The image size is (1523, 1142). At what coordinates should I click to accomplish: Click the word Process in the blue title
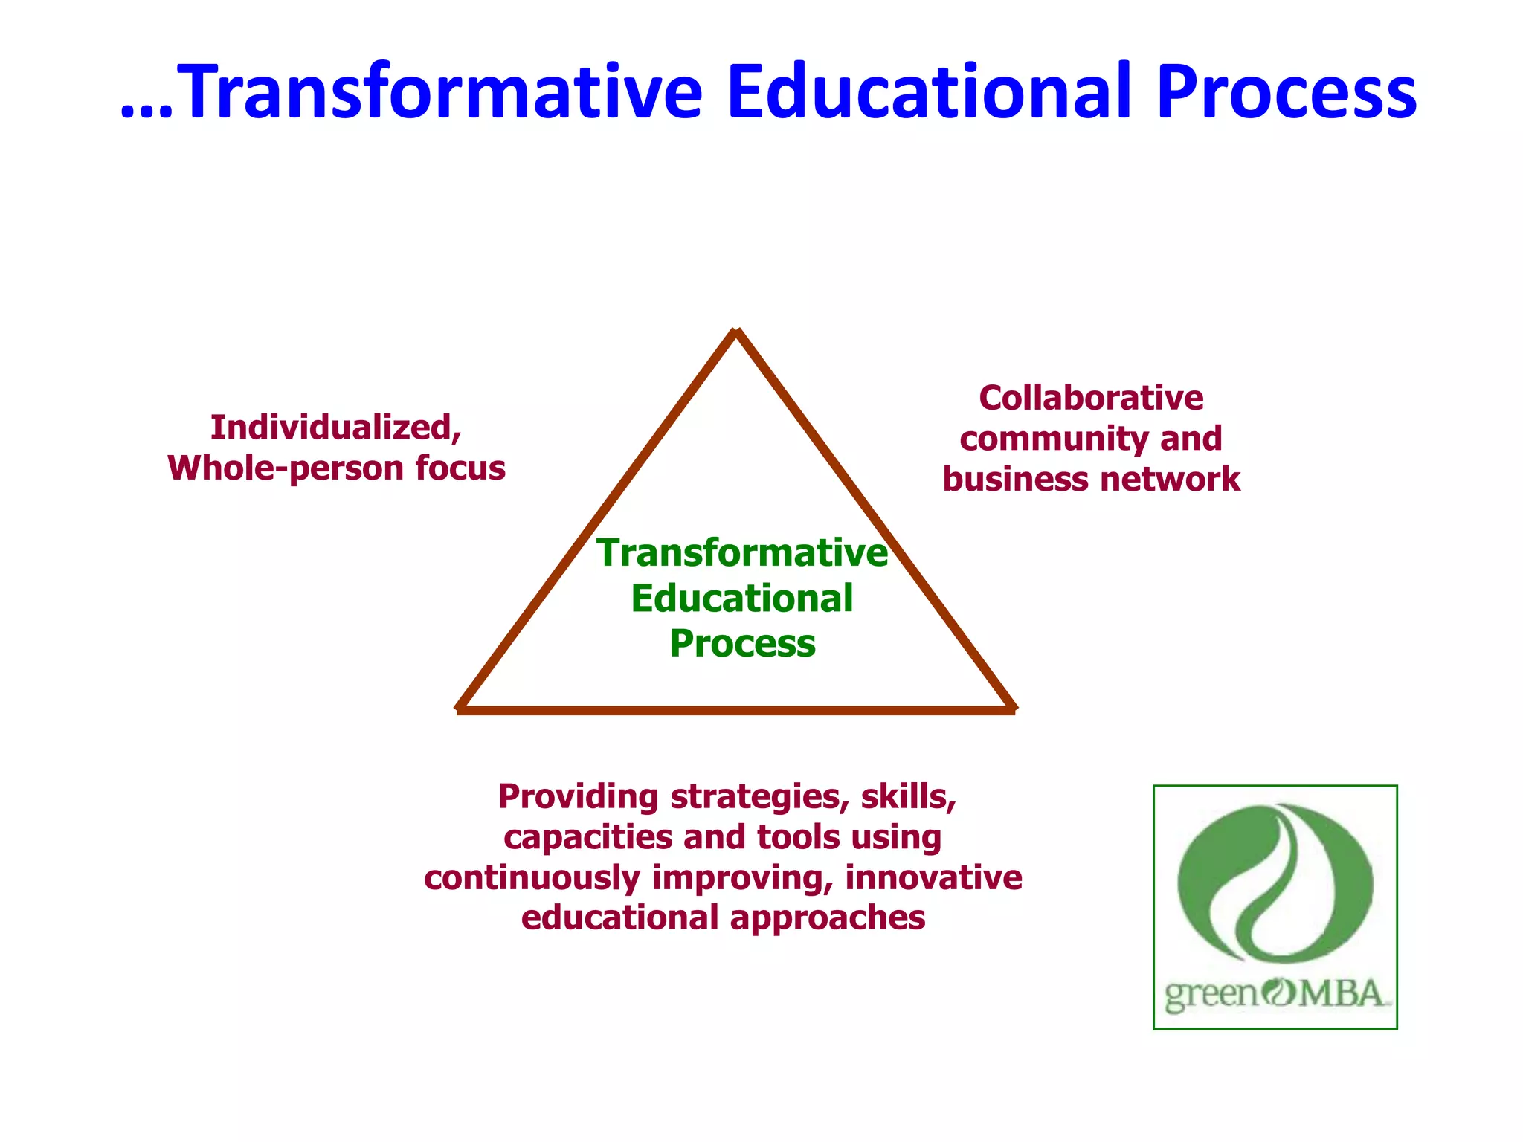[x=1287, y=93]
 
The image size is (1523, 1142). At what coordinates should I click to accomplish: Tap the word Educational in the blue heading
[x=930, y=93]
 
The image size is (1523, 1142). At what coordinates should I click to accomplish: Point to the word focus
[x=460, y=468]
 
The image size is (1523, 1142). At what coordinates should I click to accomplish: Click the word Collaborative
[x=1091, y=399]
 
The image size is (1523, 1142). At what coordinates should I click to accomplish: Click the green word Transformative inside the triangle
[x=742, y=553]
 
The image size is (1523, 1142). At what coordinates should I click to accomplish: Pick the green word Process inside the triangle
[x=742, y=644]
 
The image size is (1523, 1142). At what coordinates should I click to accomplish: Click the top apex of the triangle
[x=736, y=332]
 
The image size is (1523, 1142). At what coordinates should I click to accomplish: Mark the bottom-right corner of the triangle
[x=1012, y=709]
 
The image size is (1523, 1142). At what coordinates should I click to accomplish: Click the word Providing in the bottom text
[x=578, y=797]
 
